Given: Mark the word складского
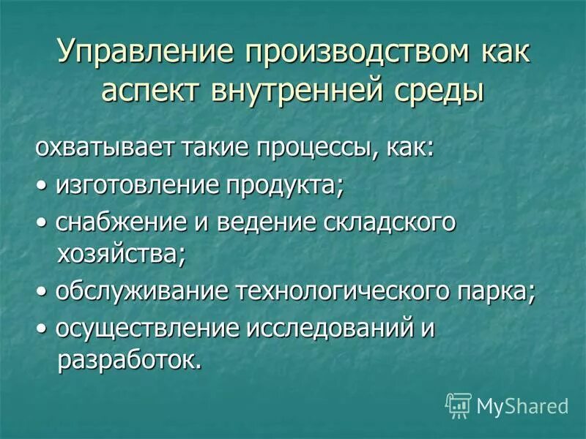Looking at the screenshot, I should pyautogui.click(x=387, y=222).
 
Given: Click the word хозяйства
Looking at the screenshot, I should pyautogui.click(x=121, y=255).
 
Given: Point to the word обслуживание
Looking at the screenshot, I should pyautogui.click(x=139, y=293).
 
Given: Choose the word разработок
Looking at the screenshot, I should pyautogui.click(x=127, y=361).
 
